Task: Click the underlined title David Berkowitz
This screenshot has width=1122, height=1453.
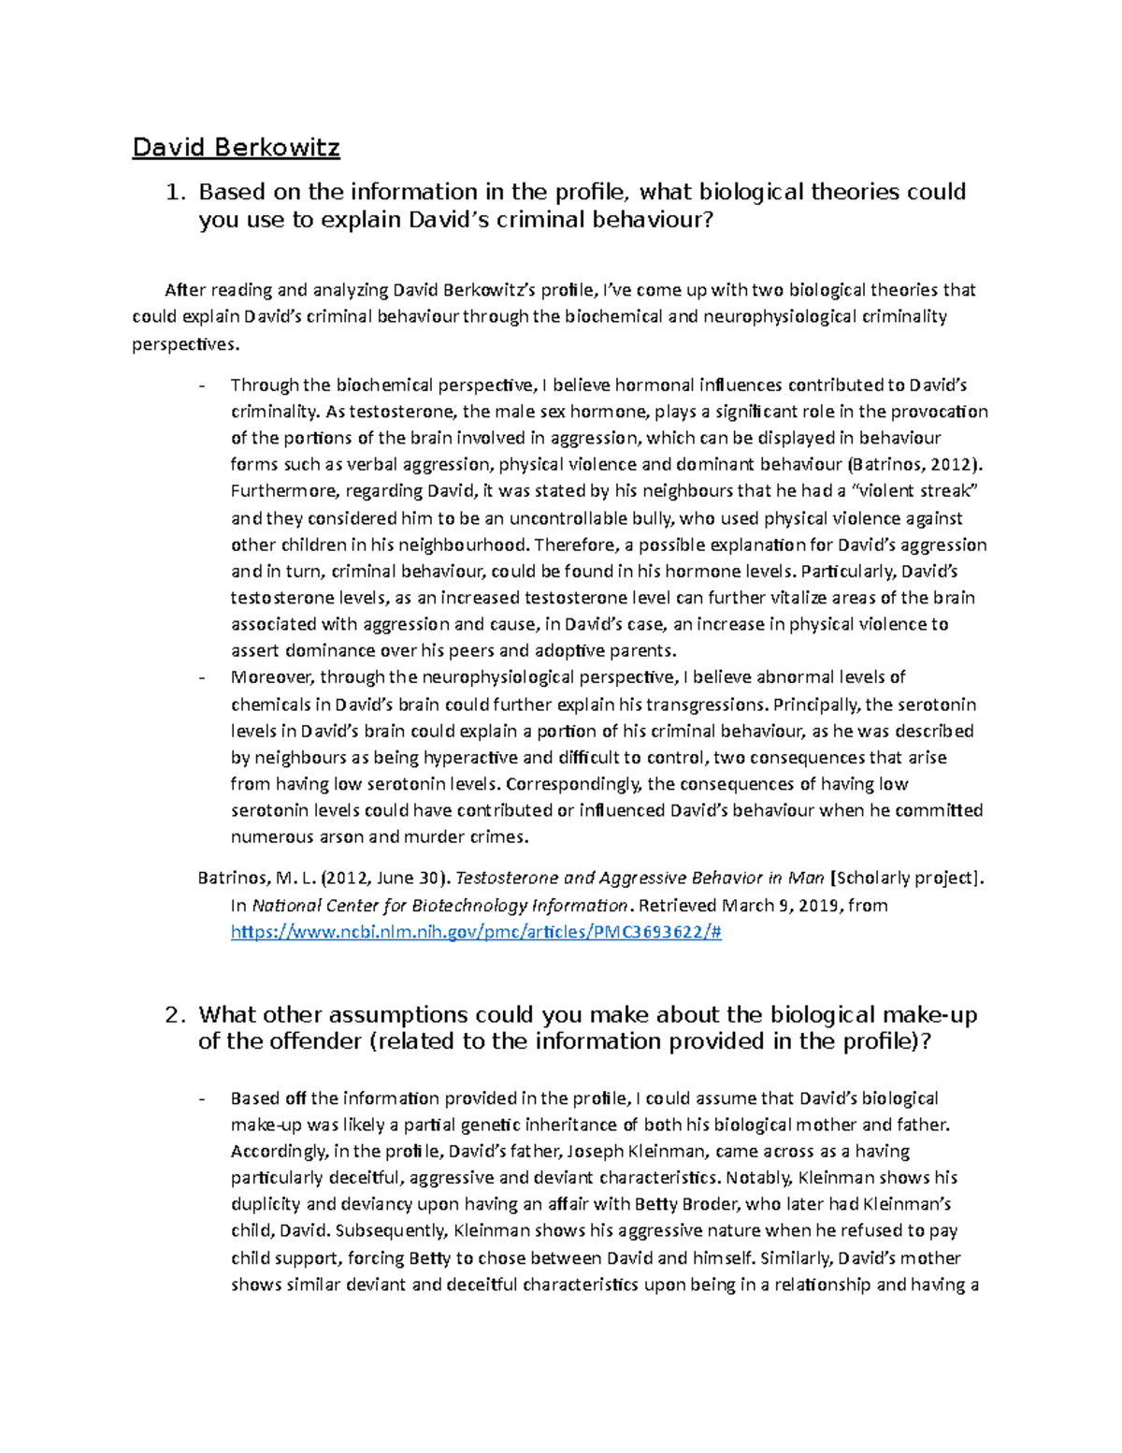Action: tap(236, 147)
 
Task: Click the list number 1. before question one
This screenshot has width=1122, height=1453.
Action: tap(176, 193)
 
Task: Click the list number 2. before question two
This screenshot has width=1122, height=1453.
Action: tap(176, 1015)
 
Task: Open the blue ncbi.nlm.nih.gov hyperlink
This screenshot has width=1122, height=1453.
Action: tap(476, 932)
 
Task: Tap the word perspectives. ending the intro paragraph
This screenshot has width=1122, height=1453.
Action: tap(185, 344)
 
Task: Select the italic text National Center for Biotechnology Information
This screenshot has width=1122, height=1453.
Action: tap(439, 905)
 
